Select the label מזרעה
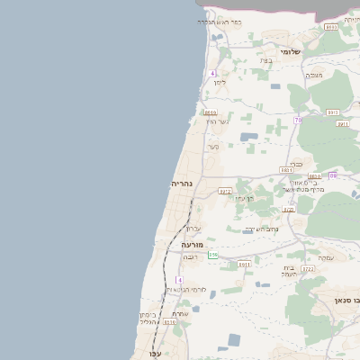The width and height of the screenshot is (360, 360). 193,244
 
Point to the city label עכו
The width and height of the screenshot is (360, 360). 156,353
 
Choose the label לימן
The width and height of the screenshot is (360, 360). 219,81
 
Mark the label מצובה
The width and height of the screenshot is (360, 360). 314,75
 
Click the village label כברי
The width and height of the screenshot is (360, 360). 295,163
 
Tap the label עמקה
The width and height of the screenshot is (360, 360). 324,258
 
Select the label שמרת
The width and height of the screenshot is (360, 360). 180,313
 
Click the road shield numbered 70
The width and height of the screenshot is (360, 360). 297,120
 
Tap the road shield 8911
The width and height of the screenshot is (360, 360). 244,265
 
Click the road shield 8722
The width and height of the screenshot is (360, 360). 307,268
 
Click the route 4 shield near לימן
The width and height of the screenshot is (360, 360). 213,72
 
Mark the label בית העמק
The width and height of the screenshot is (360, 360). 289,271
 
